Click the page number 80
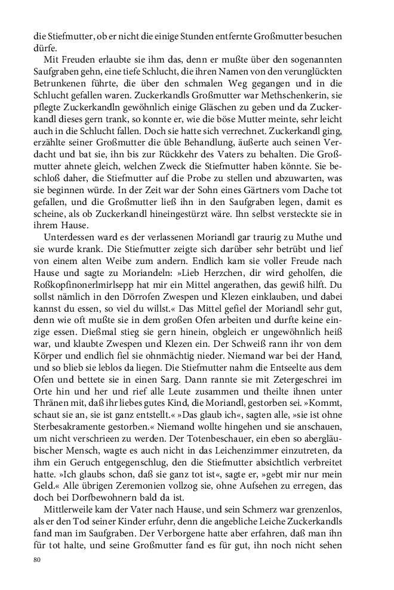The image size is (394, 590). pyautogui.click(x=37, y=560)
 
